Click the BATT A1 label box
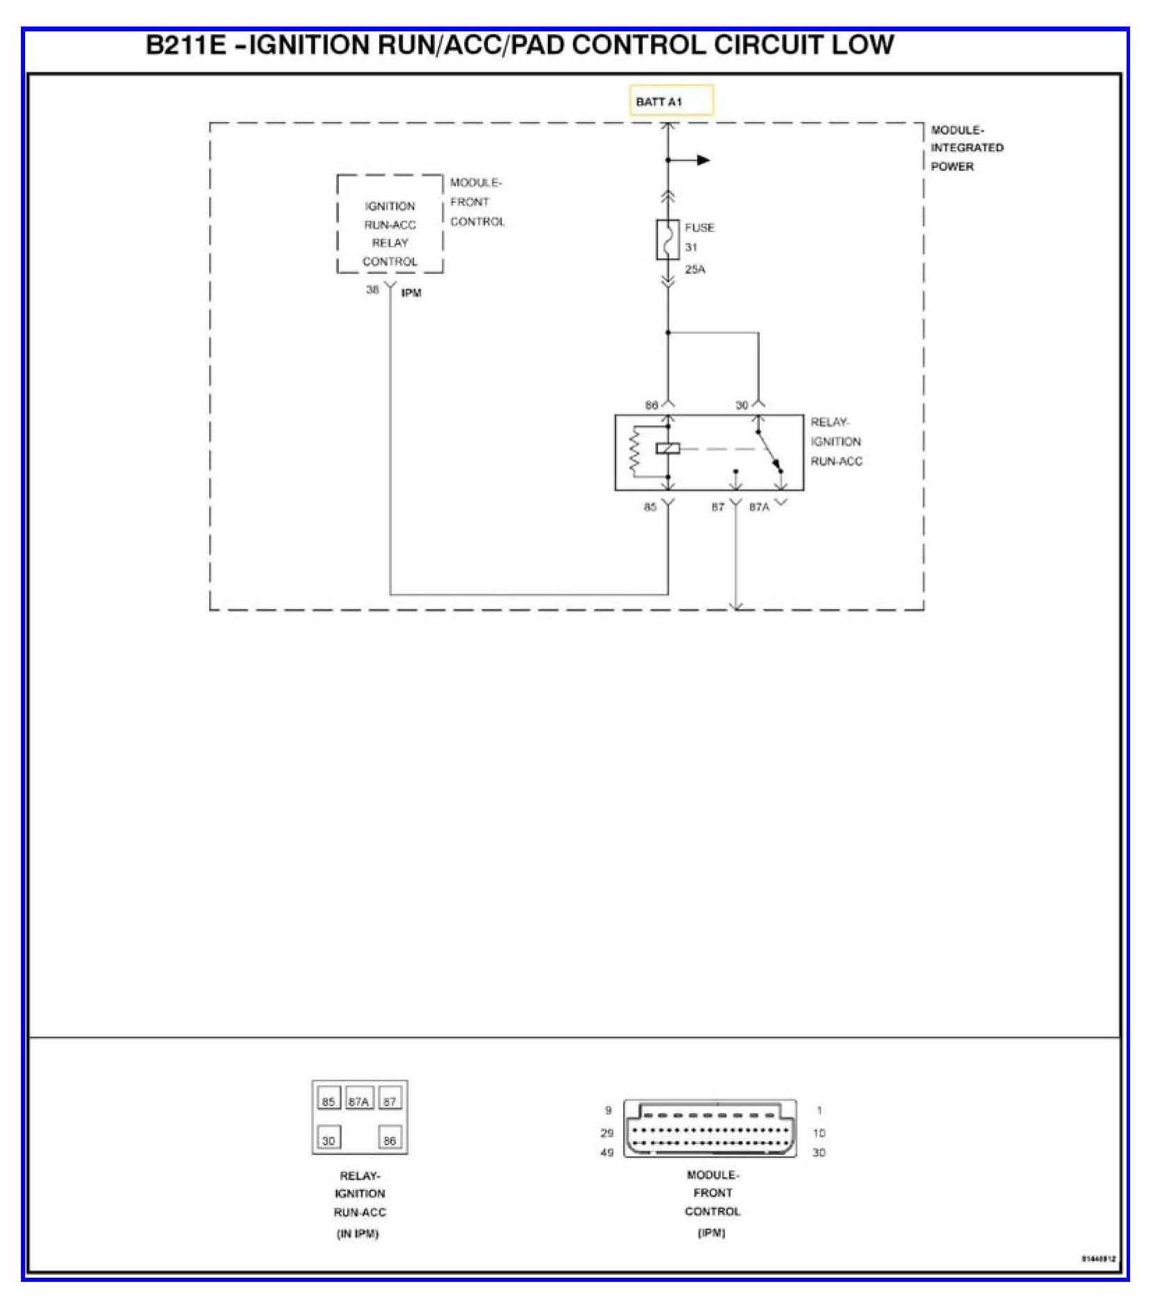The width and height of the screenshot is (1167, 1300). [x=671, y=100]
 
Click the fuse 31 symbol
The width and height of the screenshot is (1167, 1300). [x=667, y=240]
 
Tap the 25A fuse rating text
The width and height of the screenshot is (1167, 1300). [x=694, y=270]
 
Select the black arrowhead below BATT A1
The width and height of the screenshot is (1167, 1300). [x=703, y=160]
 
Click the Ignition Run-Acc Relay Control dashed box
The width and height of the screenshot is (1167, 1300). [x=390, y=224]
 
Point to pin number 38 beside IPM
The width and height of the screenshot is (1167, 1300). [x=372, y=289]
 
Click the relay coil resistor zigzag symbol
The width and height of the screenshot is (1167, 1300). [x=634, y=450]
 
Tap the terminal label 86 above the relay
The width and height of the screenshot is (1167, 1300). [x=651, y=405]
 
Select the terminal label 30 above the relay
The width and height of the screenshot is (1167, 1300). [x=742, y=405]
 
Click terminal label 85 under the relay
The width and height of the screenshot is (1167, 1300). [x=650, y=507]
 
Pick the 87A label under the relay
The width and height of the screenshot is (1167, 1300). [x=759, y=507]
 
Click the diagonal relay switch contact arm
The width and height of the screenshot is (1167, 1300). [x=768, y=450]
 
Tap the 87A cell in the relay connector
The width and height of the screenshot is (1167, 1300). [x=358, y=1101]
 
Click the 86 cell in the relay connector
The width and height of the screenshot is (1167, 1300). [x=390, y=1140]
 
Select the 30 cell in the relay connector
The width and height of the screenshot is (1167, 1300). [x=328, y=1140]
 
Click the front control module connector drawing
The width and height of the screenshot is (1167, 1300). [x=710, y=1129]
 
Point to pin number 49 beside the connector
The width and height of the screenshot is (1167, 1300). [x=607, y=1152]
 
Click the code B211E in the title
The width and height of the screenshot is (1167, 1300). [x=186, y=45]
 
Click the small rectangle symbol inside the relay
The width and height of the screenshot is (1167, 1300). [x=667, y=449]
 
